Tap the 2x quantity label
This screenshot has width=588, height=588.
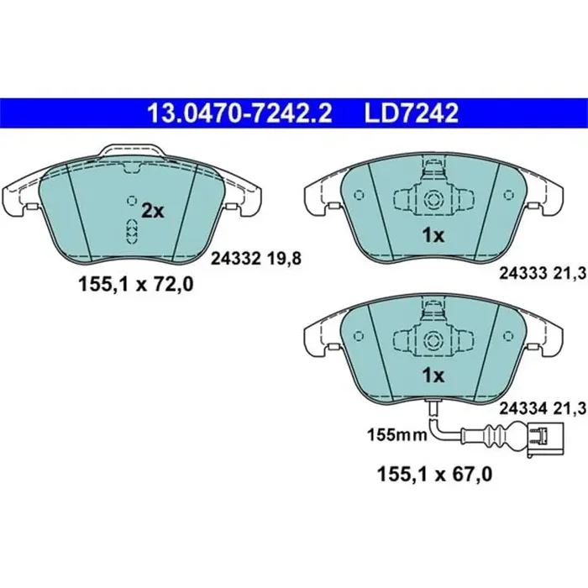coord(152,212)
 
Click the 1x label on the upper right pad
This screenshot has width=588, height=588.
coord(433,236)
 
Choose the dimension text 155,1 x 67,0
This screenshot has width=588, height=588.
coord(433,474)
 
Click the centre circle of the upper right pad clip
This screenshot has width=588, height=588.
coord(434,201)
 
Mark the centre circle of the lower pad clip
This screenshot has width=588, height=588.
coord(434,339)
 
